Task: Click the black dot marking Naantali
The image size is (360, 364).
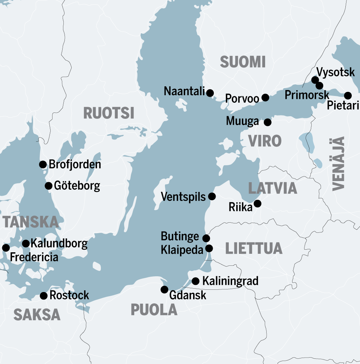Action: (x=210, y=93)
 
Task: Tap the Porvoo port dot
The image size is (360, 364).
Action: (x=265, y=97)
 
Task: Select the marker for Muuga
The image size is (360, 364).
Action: (x=267, y=122)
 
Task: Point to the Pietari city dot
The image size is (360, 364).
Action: (x=348, y=95)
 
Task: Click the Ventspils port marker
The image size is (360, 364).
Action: (x=212, y=196)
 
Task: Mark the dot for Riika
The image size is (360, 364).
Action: (x=257, y=204)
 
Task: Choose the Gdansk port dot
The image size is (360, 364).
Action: (x=164, y=289)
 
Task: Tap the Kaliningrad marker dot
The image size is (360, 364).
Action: (x=195, y=281)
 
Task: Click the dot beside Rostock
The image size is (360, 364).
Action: (x=44, y=296)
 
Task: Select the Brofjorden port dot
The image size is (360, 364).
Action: (x=43, y=164)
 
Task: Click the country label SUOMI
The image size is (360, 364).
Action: (x=243, y=62)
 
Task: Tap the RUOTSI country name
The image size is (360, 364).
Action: (x=108, y=113)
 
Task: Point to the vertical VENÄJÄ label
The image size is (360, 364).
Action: (x=338, y=164)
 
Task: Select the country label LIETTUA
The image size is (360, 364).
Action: (x=253, y=248)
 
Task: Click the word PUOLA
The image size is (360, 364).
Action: (x=154, y=310)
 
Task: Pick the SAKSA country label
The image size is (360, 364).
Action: (x=37, y=315)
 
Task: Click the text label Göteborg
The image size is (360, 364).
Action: (x=77, y=186)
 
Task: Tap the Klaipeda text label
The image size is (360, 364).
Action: (x=182, y=250)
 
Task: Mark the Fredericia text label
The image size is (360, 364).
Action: (x=34, y=258)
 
